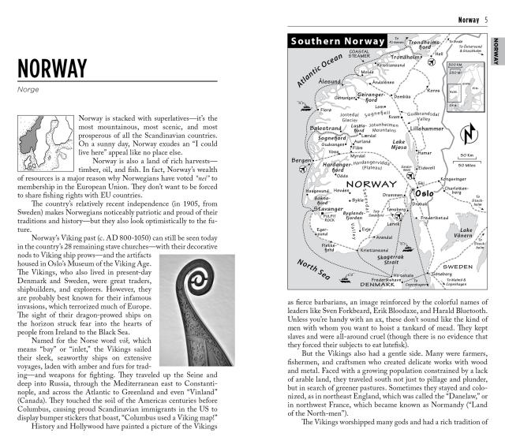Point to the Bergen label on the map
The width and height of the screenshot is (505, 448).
click(303, 160)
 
